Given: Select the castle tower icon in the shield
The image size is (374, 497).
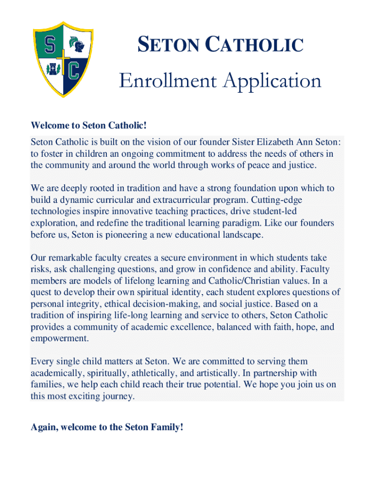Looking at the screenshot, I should [x=50, y=69].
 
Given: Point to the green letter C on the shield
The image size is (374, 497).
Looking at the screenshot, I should [x=73, y=71].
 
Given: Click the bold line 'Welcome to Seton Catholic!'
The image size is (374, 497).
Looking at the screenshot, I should [x=88, y=126].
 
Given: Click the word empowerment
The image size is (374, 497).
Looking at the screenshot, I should [x=60, y=338].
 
